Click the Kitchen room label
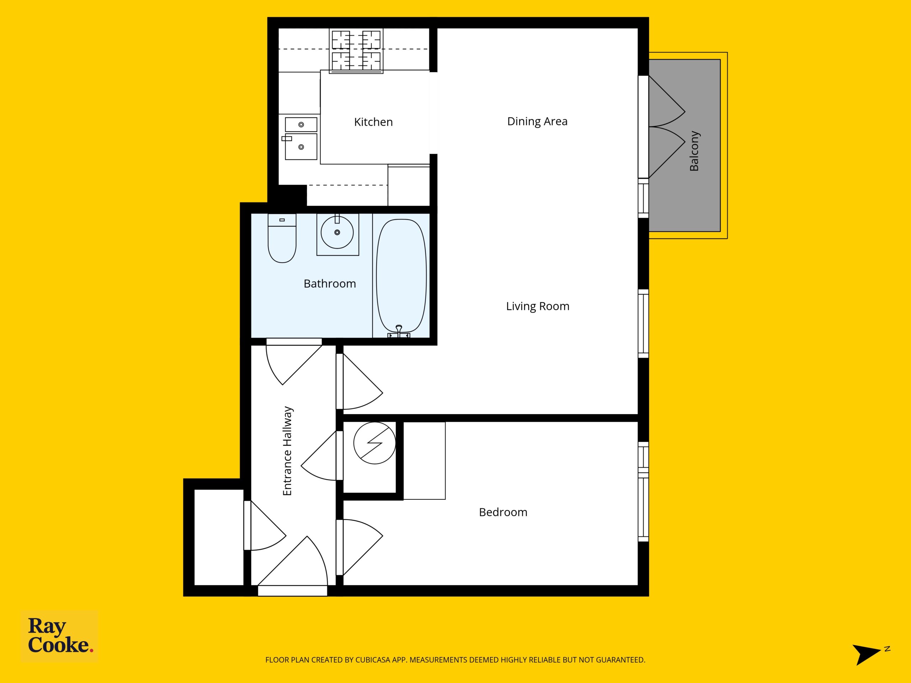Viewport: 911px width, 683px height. coord(373,122)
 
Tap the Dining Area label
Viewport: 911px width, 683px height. coord(537,121)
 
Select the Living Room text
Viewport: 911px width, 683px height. coord(537,306)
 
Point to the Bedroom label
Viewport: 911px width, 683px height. coord(503,512)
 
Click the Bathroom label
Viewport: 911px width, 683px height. coord(330,284)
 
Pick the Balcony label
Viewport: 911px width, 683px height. coord(694,151)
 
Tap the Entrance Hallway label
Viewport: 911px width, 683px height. coord(288,451)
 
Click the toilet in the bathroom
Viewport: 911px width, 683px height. coord(282,238)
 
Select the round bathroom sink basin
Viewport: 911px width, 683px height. coord(337,233)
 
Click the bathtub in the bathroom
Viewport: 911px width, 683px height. coord(401,276)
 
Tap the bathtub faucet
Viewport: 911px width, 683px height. coord(399,332)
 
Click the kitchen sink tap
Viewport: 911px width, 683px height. coord(286,139)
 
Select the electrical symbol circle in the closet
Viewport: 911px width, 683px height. coord(374,443)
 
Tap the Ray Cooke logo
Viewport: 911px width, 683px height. coord(59,636)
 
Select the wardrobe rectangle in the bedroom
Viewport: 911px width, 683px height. coord(424,461)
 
